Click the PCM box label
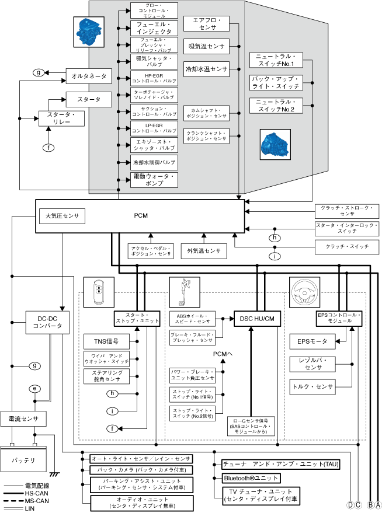pyautogui.click(x=141, y=216)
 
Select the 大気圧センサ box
pyautogui.click(x=62, y=216)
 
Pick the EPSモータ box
pyautogui.click(x=312, y=341)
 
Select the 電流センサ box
pyautogui.click(x=23, y=419)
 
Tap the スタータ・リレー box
pyautogui.click(x=61, y=118)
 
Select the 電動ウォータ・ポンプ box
pyautogui.click(x=154, y=180)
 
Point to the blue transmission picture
pyautogui.click(x=274, y=144)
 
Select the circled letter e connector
pyautogui.click(x=34, y=388)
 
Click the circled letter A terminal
pyautogui.click(x=377, y=505)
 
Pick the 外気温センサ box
pyautogui.click(x=204, y=251)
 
